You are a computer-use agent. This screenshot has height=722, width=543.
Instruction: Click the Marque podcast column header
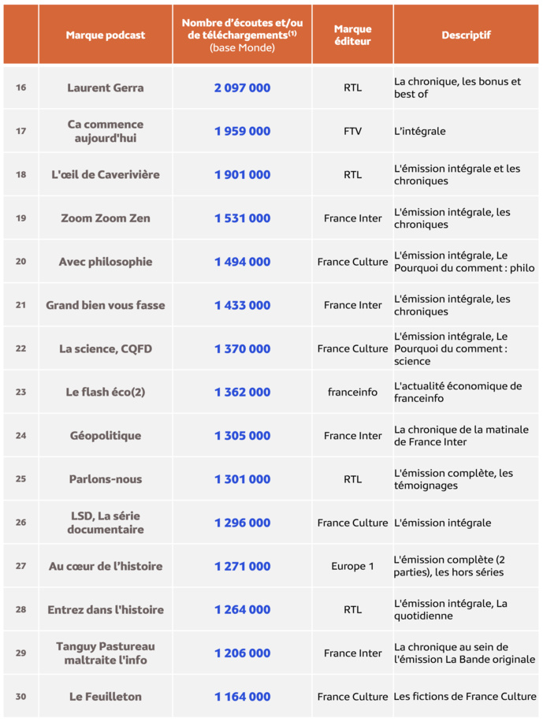pyautogui.click(x=106, y=35)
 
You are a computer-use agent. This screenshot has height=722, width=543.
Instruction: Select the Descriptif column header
pyautogui.click(x=466, y=35)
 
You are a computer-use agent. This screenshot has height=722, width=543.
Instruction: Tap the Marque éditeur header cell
pyautogui.click(x=352, y=35)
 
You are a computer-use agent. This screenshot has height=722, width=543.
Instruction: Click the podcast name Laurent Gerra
pyautogui.click(x=106, y=87)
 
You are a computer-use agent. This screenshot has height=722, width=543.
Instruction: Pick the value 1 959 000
pyautogui.click(x=242, y=131)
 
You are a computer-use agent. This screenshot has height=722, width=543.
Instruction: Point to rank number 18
pyautogui.click(x=20, y=174)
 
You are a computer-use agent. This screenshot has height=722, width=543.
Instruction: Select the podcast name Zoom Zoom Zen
pyautogui.click(x=106, y=218)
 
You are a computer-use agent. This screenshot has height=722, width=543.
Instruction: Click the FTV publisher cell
pyautogui.click(x=352, y=131)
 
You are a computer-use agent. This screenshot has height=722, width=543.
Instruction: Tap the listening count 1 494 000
pyautogui.click(x=242, y=262)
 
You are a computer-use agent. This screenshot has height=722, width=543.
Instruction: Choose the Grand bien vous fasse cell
pyautogui.click(x=106, y=305)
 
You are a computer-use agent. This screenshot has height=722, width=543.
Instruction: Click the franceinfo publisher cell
pyautogui.click(x=352, y=392)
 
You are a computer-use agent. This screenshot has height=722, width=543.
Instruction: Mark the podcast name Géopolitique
pyautogui.click(x=106, y=436)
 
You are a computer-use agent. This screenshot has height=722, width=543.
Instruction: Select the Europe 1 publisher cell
pyautogui.click(x=352, y=566)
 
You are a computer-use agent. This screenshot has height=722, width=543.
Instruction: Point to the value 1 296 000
pyautogui.click(x=242, y=523)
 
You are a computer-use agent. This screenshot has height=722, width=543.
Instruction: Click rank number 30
pyautogui.click(x=20, y=696)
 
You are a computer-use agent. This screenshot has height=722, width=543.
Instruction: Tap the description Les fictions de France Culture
pyautogui.click(x=465, y=697)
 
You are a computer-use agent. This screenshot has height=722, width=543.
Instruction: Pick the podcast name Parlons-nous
pyautogui.click(x=106, y=479)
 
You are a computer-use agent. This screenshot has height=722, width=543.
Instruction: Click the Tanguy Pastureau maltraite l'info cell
pyautogui.click(x=106, y=653)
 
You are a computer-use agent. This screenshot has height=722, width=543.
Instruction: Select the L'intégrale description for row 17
pyautogui.click(x=420, y=131)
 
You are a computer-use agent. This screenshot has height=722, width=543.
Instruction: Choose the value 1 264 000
pyautogui.click(x=242, y=609)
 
